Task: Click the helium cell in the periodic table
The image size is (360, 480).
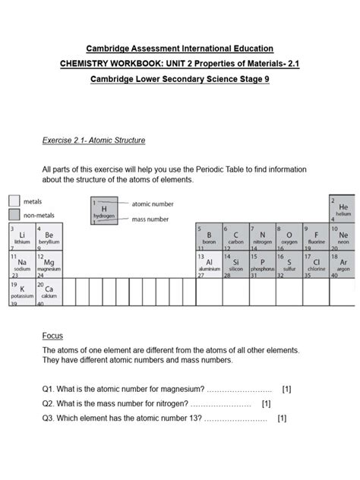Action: click(342, 208)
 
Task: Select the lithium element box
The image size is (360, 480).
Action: click(21, 237)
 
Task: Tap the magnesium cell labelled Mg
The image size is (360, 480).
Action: click(49, 264)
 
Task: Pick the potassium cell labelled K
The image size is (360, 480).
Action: click(21, 292)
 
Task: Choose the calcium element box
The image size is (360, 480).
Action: click(49, 292)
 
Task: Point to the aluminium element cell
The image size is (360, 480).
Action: click(208, 264)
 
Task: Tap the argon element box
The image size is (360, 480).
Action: click(342, 264)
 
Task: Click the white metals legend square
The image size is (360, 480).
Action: click(14, 201)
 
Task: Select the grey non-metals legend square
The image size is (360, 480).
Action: click(14, 215)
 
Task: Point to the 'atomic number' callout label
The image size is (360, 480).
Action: click(153, 204)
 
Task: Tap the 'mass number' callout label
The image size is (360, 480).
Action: click(150, 219)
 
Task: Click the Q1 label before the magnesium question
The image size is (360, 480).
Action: click(49, 389)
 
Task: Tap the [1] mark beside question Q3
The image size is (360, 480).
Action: click(282, 418)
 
